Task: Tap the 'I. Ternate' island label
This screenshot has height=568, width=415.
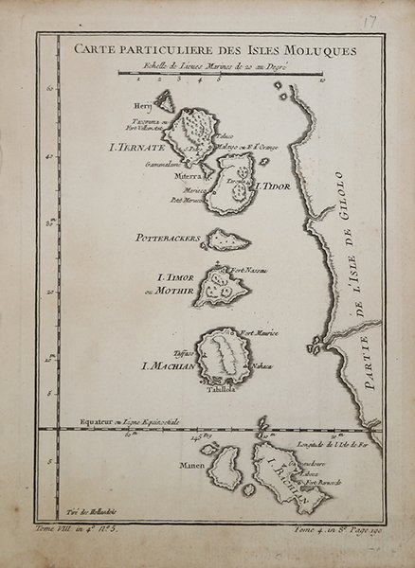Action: click(138, 149)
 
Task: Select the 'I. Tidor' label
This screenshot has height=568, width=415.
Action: click(268, 187)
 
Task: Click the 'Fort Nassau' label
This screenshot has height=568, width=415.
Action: click(247, 271)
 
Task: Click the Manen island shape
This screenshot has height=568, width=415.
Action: click(225, 468)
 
